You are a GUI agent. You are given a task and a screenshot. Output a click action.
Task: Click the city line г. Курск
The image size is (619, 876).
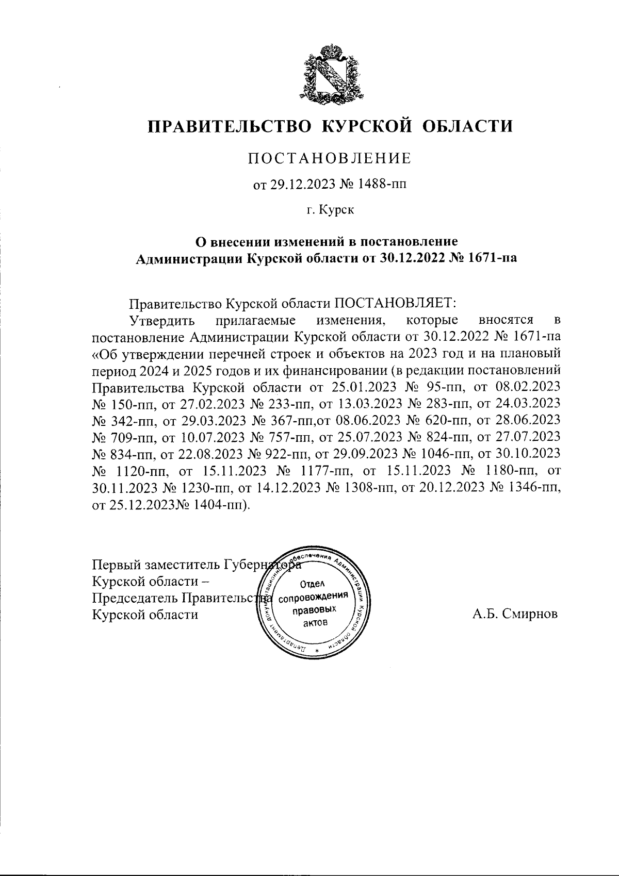pos(330,210)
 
